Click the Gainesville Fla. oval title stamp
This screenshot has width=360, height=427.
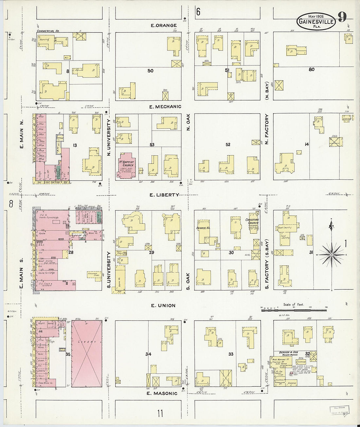click(x=316, y=21)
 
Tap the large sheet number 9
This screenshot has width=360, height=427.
click(x=342, y=17)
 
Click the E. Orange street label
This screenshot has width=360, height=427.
click(x=164, y=25)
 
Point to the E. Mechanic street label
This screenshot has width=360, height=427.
click(x=165, y=106)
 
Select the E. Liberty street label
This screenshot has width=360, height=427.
click(x=164, y=195)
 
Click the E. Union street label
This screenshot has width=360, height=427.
click(x=163, y=305)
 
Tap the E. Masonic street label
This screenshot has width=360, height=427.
click(x=162, y=393)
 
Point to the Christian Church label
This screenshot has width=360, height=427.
click(x=252, y=221)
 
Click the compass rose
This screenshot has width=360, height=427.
click(x=332, y=254)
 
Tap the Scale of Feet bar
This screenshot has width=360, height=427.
click(x=294, y=309)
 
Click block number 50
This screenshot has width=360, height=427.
click(x=150, y=71)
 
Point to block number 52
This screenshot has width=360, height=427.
click(x=228, y=144)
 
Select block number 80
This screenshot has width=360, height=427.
click(x=311, y=69)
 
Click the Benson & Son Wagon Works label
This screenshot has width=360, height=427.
click(x=288, y=354)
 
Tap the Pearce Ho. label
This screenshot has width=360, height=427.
click(x=203, y=228)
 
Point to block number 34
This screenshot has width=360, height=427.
click(x=148, y=354)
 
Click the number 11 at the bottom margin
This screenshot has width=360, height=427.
click(x=160, y=414)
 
